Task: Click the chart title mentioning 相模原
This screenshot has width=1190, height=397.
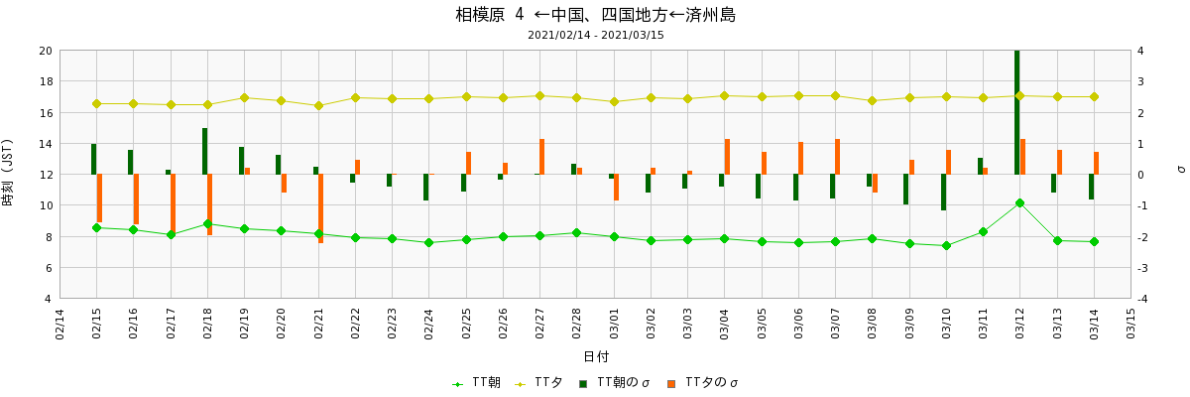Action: [595, 15]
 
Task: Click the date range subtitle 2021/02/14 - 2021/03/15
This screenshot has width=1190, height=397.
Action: [595, 35]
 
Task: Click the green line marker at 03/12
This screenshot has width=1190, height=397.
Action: [1019, 202]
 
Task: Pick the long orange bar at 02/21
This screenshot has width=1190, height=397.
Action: [321, 208]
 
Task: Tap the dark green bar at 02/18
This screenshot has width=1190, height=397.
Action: [205, 151]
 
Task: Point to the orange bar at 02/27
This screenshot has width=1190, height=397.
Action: [542, 157]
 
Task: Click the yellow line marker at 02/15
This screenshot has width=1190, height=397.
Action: [96, 103]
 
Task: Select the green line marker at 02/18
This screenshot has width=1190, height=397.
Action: [207, 223]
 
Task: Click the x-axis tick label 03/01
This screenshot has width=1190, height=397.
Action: [614, 324]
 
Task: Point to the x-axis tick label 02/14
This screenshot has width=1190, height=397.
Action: [59, 324]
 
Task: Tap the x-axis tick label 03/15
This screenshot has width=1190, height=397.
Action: [1130, 324]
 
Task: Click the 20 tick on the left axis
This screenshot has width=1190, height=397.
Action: [46, 51]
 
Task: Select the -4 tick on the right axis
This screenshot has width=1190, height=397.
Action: [1143, 299]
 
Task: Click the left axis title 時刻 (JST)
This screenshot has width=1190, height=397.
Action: [9, 174]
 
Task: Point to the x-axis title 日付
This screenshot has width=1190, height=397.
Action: [595, 356]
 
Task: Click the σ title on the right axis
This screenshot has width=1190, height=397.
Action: [1180, 169]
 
